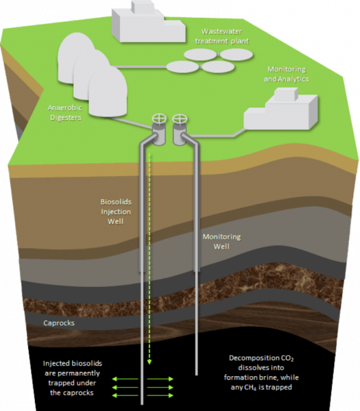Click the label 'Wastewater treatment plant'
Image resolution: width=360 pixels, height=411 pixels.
coord(221,36)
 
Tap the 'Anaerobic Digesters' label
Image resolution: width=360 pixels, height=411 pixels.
coord(65,112)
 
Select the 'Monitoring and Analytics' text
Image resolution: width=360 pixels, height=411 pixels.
coord(286,74)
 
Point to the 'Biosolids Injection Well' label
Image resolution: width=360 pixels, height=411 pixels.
coord(116,212)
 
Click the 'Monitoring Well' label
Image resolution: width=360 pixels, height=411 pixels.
coord(221,241)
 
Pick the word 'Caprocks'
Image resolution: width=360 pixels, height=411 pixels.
coord(59,323)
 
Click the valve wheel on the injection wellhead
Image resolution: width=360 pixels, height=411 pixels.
coord(159,119)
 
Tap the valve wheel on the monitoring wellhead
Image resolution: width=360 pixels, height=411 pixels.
coord(180,119)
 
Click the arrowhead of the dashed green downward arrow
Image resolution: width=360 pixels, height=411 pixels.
coord(149,362)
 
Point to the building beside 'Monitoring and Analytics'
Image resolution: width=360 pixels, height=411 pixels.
coord(280,110)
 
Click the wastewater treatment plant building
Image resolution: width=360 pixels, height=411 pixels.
coord(148,21)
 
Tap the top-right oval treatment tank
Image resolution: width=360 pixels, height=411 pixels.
coord(236,55)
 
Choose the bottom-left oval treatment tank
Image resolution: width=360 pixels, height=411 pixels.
coord(182,67)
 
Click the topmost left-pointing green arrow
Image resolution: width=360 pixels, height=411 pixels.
coord(125,379)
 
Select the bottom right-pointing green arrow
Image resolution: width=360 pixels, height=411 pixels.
coord(160,395)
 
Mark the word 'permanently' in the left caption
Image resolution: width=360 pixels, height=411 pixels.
coord(72,373)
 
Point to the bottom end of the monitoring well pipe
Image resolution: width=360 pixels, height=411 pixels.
coord(196,375)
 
